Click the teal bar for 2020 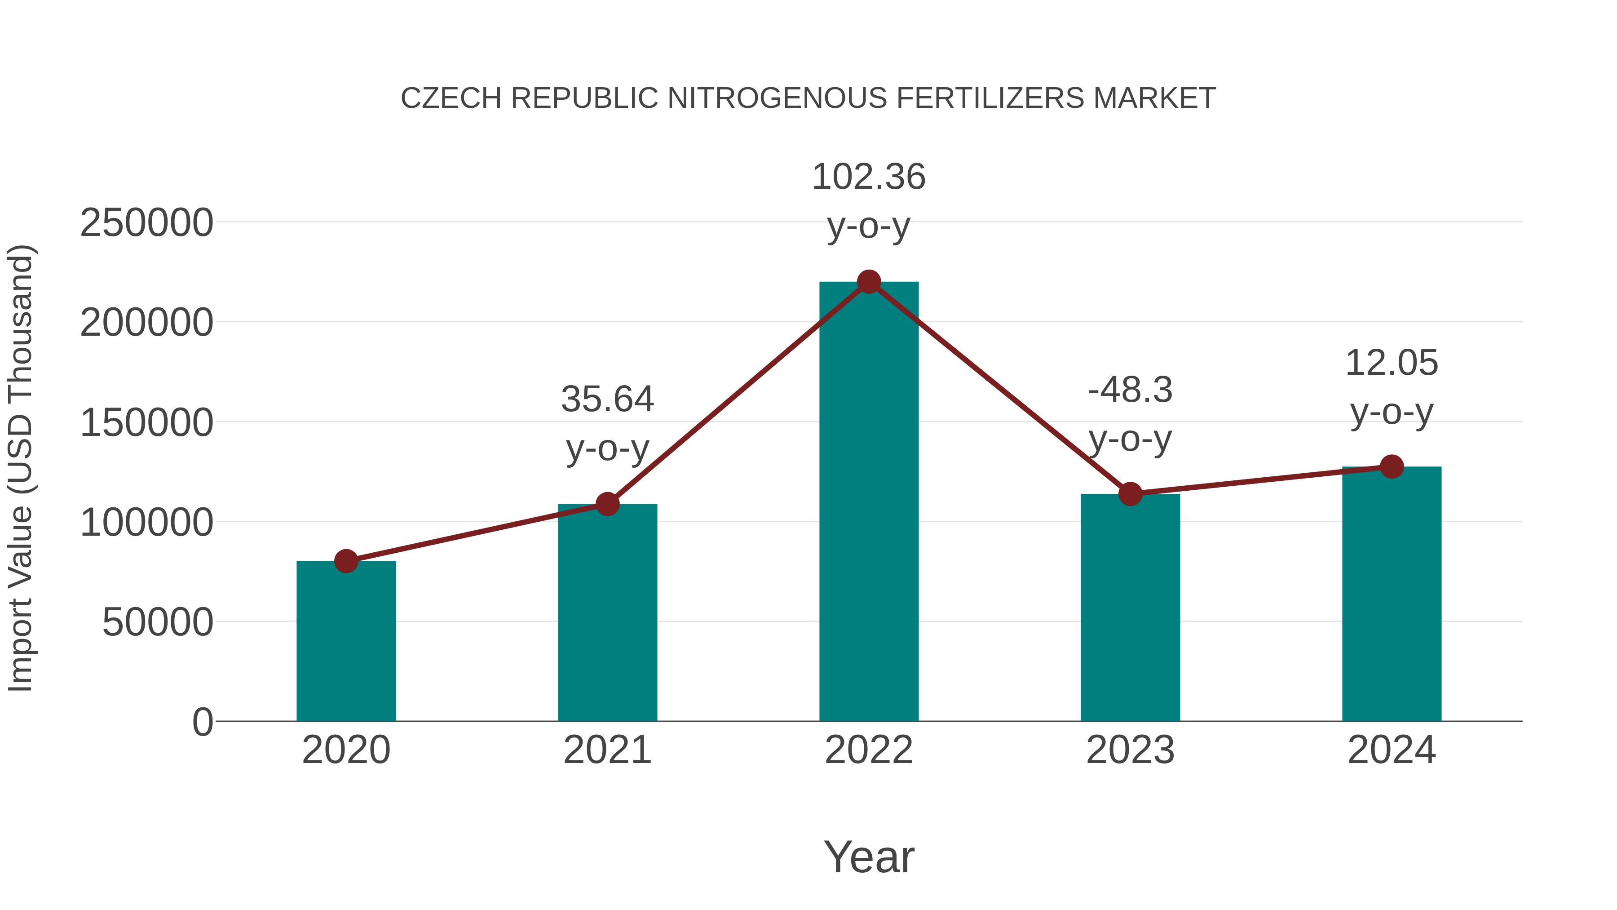[346, 640]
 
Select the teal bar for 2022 [869, 502]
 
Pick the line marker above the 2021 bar [607, 504]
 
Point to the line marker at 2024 [1392, 466]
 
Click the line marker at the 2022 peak [869, 282]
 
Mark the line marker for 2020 [346, 561]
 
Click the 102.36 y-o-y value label [869, 177]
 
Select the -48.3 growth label [1130, 390]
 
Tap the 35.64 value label [607, 400]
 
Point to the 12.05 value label [1392, 363]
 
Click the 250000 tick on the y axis [146, 223]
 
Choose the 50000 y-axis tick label [158, 622]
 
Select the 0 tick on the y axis [203, 722]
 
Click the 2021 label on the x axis [607, 750]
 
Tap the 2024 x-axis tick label [1392, 750]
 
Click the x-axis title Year [869, 857]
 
